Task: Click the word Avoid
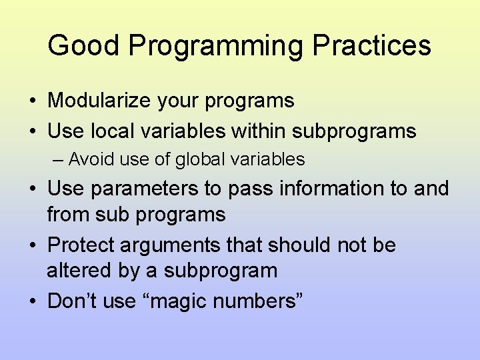[x=86, y=160]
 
